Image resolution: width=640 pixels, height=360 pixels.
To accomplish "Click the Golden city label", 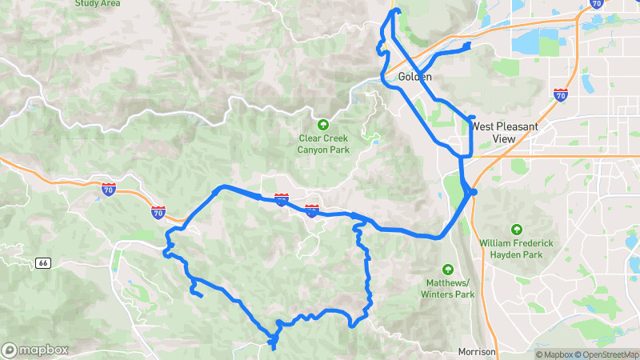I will pos(414,78).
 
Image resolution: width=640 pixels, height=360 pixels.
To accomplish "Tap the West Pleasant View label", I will pos(504,132).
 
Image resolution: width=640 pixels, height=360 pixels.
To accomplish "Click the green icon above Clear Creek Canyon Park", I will pos(323,124).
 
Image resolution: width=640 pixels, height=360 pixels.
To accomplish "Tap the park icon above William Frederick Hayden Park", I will pos(516,229).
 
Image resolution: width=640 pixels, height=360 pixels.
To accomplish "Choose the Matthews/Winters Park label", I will pos(448,289).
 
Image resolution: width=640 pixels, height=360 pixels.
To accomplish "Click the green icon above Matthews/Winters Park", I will pos(448,270).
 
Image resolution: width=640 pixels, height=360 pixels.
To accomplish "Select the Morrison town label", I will pos(478,352).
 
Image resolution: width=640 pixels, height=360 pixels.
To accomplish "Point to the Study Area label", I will pos(98,3).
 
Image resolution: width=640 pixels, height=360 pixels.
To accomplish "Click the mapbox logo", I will pos(35,350).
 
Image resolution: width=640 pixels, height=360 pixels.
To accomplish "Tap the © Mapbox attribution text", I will pos(554,354).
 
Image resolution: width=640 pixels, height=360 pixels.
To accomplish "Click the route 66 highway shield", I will pos(43,262).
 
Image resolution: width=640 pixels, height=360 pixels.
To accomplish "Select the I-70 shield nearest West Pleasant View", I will pos(561,95).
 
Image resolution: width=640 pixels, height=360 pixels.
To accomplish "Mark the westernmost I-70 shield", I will pos(109,190).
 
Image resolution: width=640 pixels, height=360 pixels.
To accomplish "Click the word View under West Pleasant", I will pos(504,138).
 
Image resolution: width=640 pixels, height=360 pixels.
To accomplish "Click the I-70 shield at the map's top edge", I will pos(596,2).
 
